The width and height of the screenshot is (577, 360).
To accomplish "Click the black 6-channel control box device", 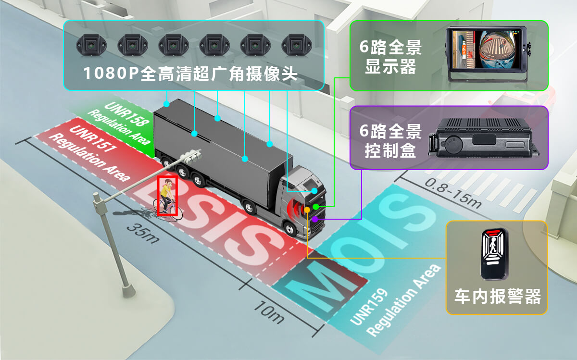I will pyautogui.click(x=486, y=140).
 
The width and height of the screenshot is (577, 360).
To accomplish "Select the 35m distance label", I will pyautogui.click(x=143, y=233).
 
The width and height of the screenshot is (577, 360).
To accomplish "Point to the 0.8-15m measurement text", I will pyautogui.click(x=452, y=192).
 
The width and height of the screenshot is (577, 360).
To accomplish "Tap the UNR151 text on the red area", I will pyautogui.click(x=91, y=138).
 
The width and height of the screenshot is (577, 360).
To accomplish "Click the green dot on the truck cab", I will pyautogui.click(x=316, y=206).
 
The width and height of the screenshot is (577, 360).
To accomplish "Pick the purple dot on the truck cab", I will pyautogui.click(x=314, y=219).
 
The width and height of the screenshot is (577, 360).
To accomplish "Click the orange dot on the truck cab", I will pyautogui.click(x=307, y=210).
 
